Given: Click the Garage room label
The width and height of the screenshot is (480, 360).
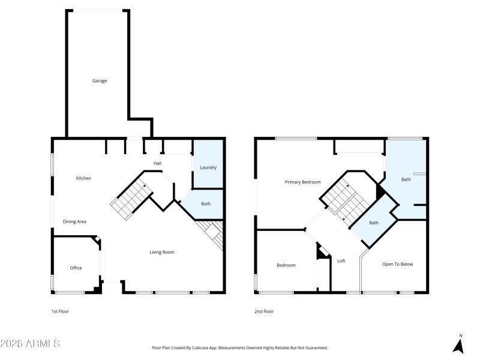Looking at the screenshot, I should point(100,80).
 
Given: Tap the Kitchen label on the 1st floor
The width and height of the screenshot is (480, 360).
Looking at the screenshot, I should point(83,178).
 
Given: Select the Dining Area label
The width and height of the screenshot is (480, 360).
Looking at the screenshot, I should point(75,221).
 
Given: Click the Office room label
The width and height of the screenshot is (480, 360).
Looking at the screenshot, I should point(76,268).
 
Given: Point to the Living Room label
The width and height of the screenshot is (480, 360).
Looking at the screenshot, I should point(162,252).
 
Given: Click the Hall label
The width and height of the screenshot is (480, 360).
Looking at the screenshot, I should point(157,163).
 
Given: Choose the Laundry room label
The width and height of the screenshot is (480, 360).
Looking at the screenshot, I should point(208,167).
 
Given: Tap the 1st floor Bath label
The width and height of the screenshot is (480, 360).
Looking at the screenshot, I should point(206,204).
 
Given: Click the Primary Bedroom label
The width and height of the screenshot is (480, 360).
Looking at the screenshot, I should point(302,182).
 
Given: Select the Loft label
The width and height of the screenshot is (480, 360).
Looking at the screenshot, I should point(341,260).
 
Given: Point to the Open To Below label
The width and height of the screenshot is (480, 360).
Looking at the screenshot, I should point(397,264).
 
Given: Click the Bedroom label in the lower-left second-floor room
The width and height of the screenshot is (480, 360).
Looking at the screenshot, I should point(286,265).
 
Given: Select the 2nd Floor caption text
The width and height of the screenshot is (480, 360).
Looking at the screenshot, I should point(265,311).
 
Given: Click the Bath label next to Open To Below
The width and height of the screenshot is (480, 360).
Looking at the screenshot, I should point(374,223).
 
